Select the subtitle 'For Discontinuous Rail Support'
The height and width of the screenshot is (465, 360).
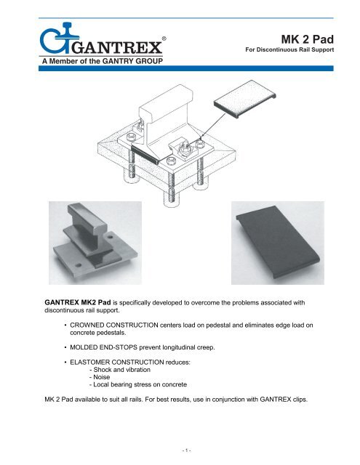pos(298,52)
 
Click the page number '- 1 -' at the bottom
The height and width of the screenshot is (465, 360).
pos(180,451)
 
